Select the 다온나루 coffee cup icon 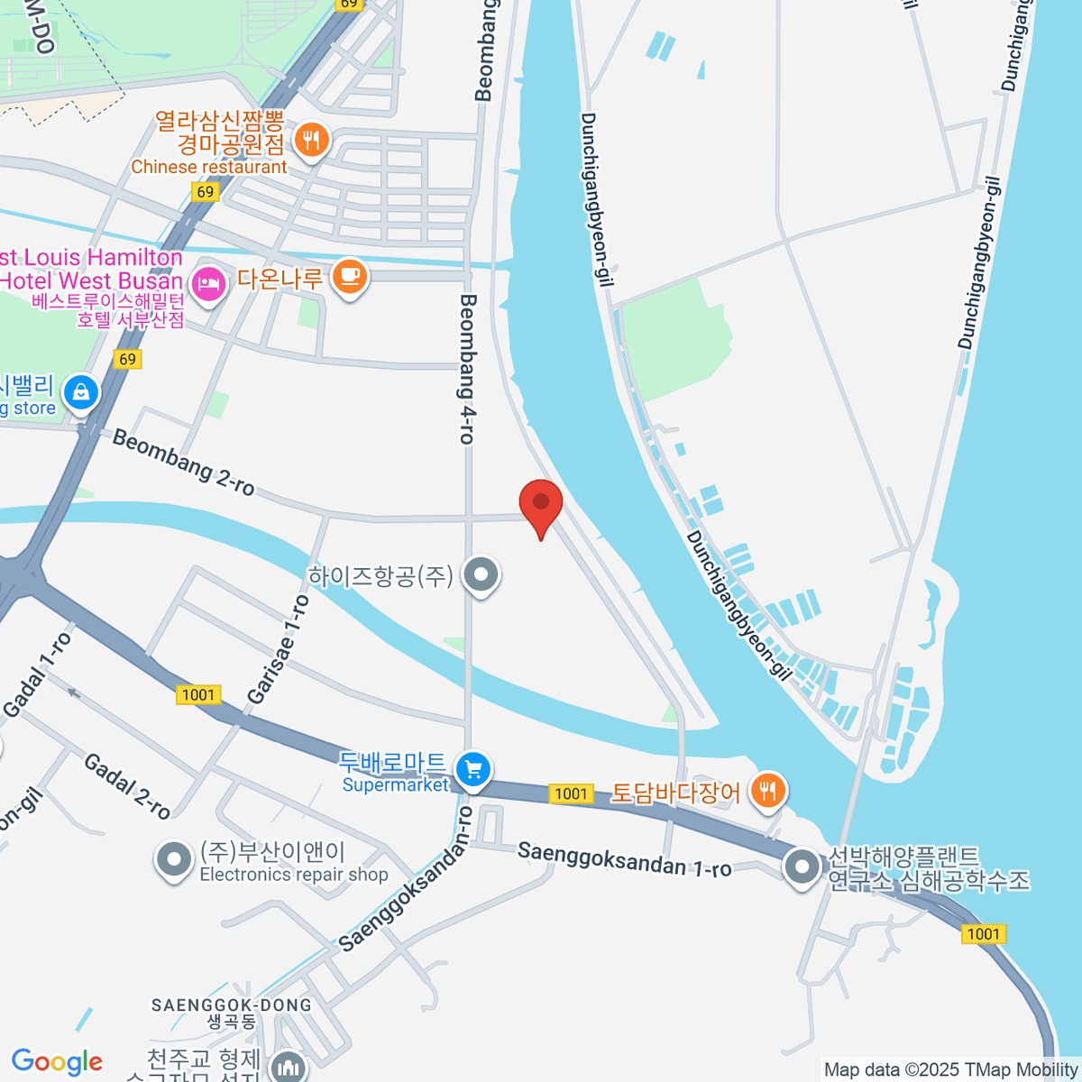coord(350,277)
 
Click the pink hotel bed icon coord(208,284)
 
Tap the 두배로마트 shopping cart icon coord(472,770)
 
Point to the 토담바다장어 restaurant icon coord(767,792)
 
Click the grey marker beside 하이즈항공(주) coord(481,574)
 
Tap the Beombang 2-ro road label coord(183,463)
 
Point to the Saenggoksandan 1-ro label coord(624,859)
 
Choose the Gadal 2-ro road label coord(127,786)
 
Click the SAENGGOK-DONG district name coord(231,1005)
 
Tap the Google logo coord(58,1061)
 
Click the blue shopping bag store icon coord(81,393)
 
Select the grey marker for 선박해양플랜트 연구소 coord(801,867)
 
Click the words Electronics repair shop coord(294,875)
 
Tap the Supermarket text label coord(395,785)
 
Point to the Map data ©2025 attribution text coord(950,1070)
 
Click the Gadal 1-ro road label coord(37,675)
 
